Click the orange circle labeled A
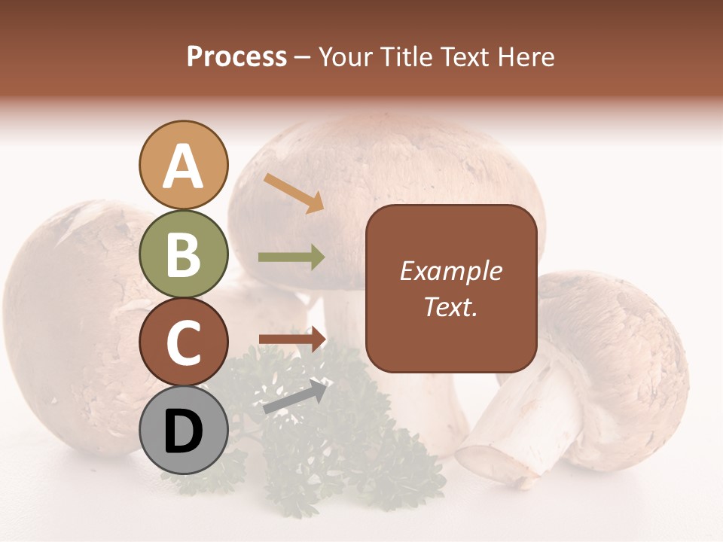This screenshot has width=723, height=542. (x=183, y=165)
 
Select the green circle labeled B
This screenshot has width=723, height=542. (x=183, y=254)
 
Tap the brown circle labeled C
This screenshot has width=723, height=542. (x=183, y=342)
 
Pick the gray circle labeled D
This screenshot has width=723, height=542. (x=183, y=431)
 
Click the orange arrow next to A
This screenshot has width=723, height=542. (x=294, y=193)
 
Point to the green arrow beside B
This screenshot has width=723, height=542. (x=291, y=257)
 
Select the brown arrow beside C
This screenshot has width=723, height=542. (x=292, y=339)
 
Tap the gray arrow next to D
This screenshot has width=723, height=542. (x=296, y=397)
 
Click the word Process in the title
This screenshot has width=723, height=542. (x=236, y=56)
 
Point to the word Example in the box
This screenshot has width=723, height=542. (x=450, y=271)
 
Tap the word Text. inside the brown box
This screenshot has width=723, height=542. (x=450, y=306)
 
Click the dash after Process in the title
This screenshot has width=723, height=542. (x=302, y=58)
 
